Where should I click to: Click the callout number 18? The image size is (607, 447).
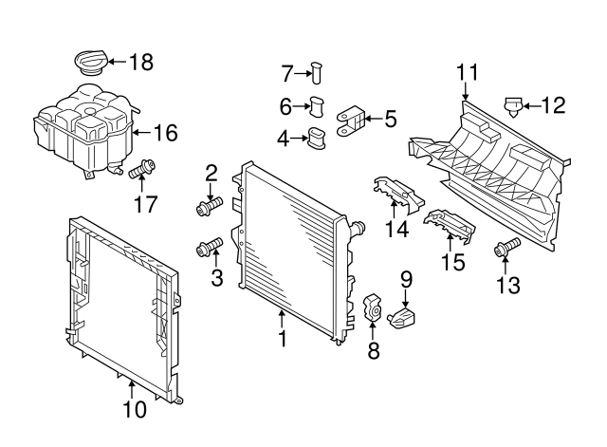[x=140, y=64]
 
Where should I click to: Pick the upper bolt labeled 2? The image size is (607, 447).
[x=211, y=204]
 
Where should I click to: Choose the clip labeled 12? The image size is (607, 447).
[x=515, y=104]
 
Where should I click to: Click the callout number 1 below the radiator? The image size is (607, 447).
[x=281, y=339]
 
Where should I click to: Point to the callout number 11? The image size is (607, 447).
[x=466, y=72]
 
